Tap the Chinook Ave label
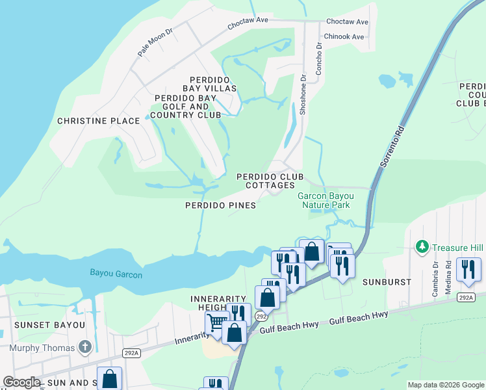click(344, 37)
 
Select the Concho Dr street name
click(319, 59)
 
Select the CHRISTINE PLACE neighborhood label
click(98, 121)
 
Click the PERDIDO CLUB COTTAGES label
click(270, 181)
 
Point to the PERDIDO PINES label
click(220, 205)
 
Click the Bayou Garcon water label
click(116, 275)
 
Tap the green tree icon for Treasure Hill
click(422, 246)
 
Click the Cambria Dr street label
click(436, 279)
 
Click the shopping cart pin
click(216, 322)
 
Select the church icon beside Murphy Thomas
click(84, 347)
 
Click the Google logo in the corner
click(22, 382)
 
